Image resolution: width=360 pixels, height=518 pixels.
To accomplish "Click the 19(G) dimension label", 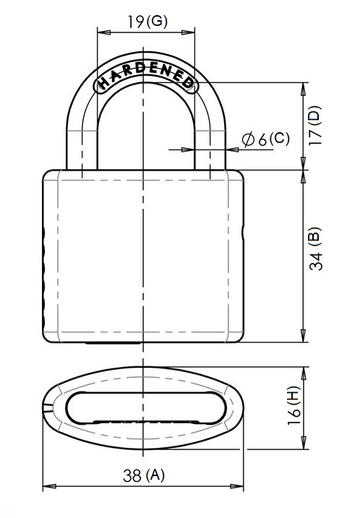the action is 147,22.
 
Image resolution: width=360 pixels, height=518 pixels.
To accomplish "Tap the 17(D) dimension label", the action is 314,125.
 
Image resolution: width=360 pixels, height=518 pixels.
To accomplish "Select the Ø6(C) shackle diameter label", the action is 265,139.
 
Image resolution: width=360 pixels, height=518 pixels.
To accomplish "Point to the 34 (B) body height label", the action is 315,249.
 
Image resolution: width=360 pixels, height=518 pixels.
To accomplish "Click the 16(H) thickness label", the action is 294,405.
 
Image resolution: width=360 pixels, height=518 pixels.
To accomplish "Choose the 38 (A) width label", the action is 143,475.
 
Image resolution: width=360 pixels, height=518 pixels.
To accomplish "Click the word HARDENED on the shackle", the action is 146,76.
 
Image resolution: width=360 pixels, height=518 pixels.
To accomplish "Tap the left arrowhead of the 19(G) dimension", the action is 104,32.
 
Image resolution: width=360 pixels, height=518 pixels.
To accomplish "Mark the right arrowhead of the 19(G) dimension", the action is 188,32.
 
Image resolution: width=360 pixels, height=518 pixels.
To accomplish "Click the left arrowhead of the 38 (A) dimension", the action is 49,486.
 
